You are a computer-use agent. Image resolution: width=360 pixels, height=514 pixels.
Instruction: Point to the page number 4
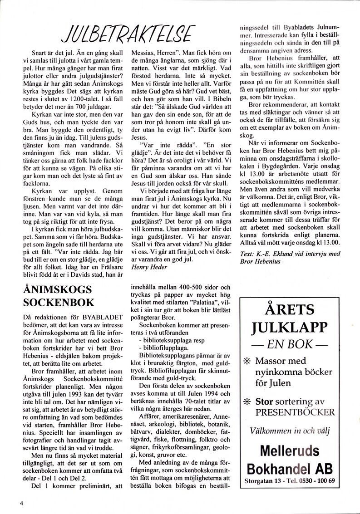pyautogui.click(x=21, y=502)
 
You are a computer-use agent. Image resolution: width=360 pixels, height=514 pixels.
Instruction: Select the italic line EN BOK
pyautogui.click(x=291, y=343)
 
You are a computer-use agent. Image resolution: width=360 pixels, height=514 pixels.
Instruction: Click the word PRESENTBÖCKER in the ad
pyautogui.click(x=295, y=412)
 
